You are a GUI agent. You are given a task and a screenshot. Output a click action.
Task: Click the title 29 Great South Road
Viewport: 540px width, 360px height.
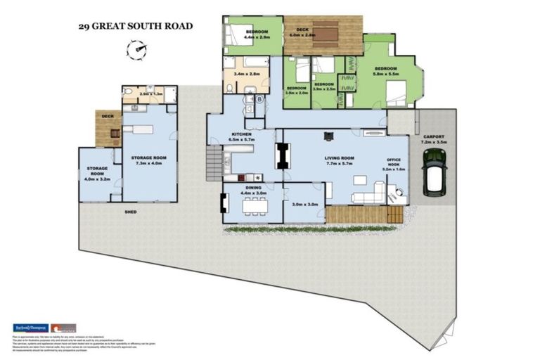tap(135, 27)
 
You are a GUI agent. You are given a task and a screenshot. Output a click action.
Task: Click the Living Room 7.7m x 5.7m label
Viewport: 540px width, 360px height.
tap(339, 161)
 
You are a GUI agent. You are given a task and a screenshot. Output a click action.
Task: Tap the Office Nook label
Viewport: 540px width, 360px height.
tap(393, 165)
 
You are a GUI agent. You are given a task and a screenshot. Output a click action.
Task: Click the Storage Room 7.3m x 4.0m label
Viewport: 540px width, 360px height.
tap(148, 160)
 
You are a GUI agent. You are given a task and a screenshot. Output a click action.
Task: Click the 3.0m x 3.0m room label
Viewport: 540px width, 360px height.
tap(305, 205)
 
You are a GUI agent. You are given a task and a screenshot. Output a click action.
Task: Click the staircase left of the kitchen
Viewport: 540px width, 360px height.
tap(213, 165)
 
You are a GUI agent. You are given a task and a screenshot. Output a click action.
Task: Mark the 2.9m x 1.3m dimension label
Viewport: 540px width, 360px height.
tap(150, 94)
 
